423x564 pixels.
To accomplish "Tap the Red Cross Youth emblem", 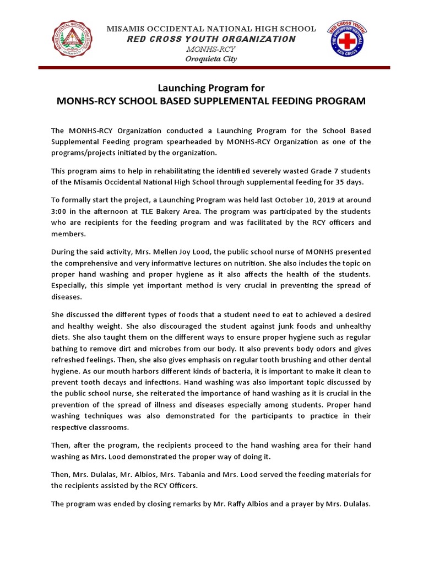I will point(348,43).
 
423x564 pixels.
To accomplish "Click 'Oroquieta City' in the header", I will point(211,59).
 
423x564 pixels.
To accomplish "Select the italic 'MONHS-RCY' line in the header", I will point(211,50).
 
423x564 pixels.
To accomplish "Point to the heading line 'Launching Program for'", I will point(211,88).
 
